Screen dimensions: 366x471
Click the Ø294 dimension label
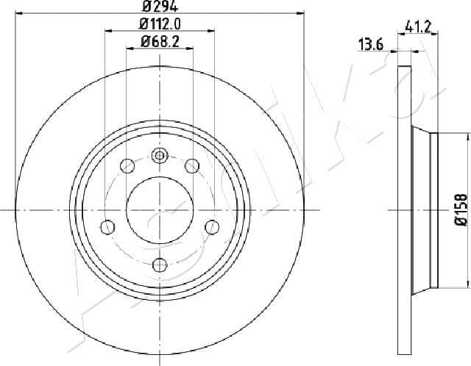coord(160,6)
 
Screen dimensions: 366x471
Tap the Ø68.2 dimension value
coord(160,41)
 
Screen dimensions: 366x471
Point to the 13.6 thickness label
coord(370,45)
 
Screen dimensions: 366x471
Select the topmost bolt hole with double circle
coord(160,155)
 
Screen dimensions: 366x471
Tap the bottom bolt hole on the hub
coord(160,265)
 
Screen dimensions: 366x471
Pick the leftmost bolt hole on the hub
coord(108,226)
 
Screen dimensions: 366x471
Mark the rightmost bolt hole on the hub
coord(211,226)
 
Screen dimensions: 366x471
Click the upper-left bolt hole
coord(127,165)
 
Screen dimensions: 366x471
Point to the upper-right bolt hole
coord(191,165)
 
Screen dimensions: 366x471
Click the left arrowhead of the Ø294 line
coord(18,13)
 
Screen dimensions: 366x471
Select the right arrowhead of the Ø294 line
coord(302,13)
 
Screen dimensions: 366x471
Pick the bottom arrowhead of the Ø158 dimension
coord(468,287)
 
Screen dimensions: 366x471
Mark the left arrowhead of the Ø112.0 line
coord(108,31)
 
